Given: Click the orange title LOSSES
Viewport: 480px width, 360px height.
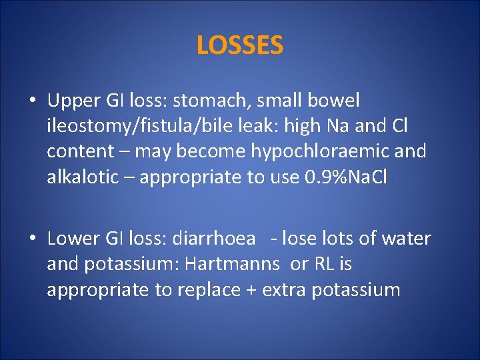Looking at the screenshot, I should click(240, 45).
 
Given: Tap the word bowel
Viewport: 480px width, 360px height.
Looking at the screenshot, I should click(337, 101).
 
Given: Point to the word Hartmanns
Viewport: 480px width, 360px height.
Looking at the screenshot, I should click(231, 264).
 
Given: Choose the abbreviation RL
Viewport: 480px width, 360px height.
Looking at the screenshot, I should click(322, 264).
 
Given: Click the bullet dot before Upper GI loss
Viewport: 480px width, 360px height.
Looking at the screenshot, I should click(33, 102).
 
